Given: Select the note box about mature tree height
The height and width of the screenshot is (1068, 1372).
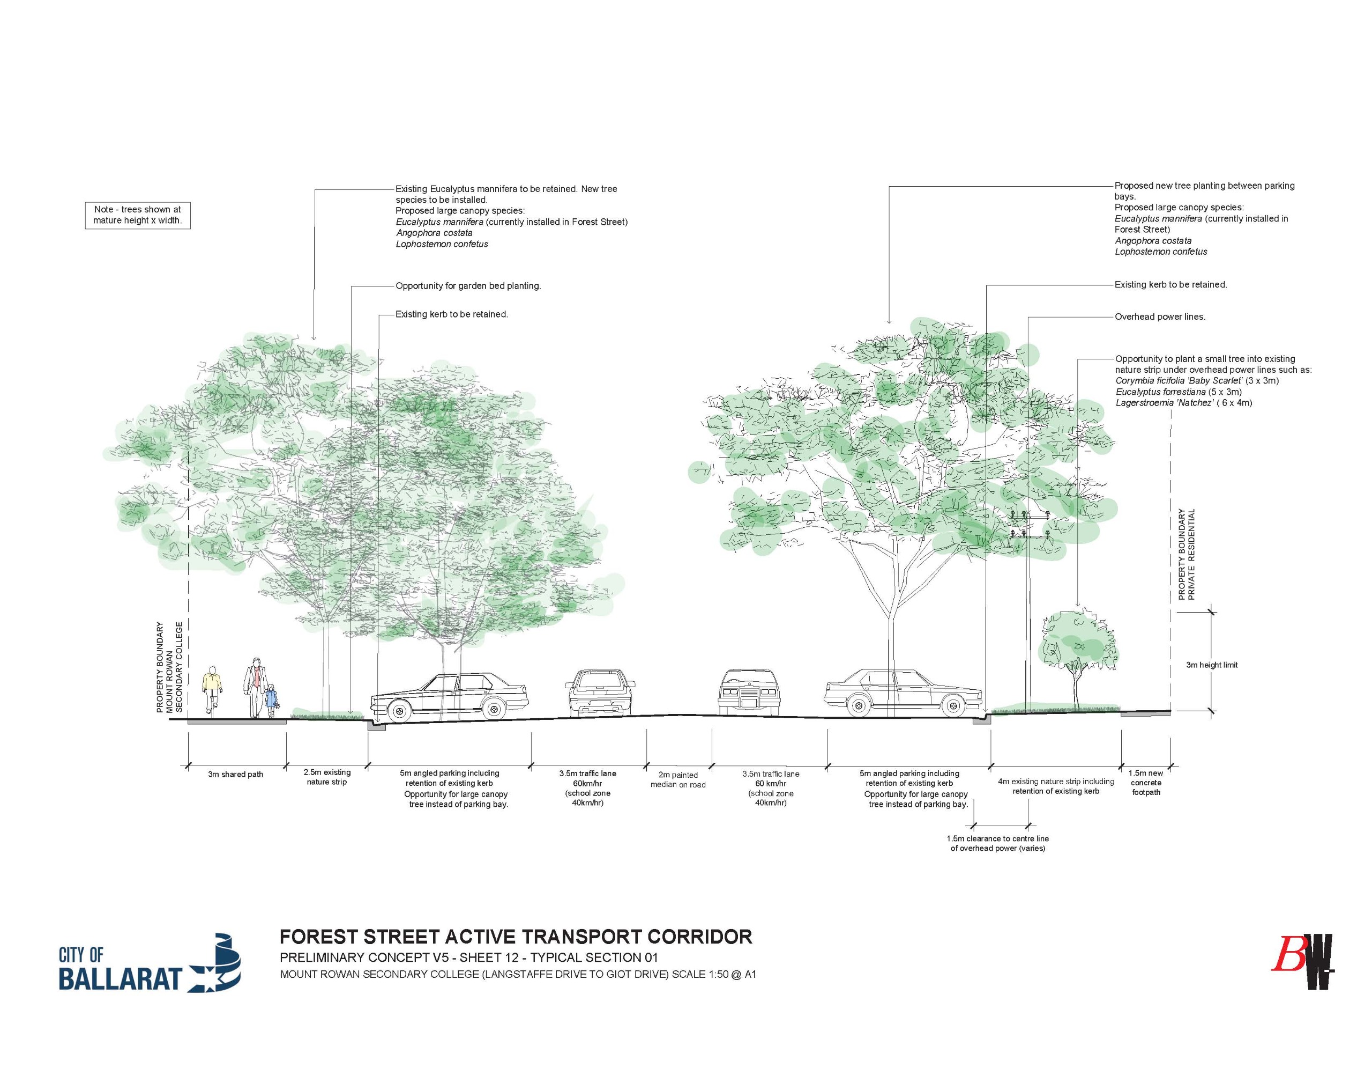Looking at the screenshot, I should point(138,215).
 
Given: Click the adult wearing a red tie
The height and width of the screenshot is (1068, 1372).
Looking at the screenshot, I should point(255,687).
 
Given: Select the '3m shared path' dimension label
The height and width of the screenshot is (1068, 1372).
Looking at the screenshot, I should point(236,775).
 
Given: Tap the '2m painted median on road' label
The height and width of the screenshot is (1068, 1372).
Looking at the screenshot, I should point(678,779).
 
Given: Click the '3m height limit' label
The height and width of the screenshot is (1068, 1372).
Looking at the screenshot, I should point(1212,665).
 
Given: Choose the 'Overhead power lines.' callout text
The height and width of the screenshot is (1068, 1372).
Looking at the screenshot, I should point(1160,317).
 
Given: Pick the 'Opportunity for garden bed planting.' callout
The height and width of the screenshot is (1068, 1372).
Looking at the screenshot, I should point(468,286).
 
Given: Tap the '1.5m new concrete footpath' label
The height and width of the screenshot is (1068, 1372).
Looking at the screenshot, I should point(1146,783).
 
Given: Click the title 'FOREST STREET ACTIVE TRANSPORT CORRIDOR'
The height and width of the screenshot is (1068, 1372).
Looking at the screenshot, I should point(515,937).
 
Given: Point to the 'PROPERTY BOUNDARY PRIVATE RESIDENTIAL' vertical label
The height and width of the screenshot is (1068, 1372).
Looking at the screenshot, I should point(1186,555).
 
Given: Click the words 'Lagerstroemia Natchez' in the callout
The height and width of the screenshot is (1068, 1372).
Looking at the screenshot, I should point(1164,403).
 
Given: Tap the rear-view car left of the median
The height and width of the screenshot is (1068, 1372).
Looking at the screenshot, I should point(600,694).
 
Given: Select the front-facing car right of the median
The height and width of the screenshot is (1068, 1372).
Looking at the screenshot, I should point(747,694).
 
